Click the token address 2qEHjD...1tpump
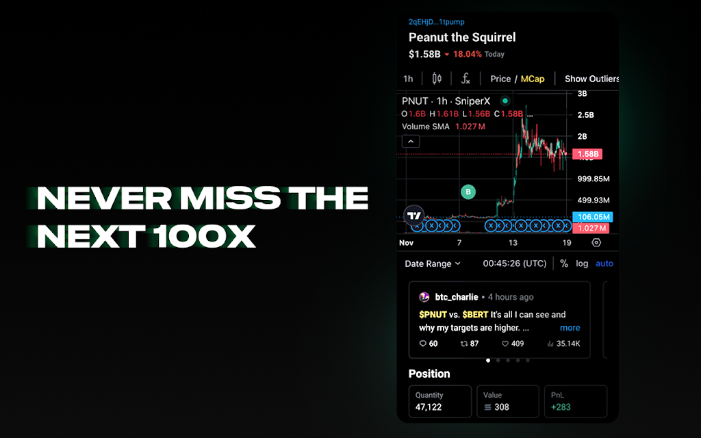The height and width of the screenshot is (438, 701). click(x=436, y=22)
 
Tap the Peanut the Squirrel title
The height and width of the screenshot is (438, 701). click(x=462, y=37)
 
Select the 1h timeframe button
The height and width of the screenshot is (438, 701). click(x=408, y=79)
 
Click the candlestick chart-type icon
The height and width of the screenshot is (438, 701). click(x=437, y=79)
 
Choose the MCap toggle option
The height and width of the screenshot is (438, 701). click(x=533, y=79)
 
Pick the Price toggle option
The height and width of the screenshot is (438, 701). click(x=500, y=79)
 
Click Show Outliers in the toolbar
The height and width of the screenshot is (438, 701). click(x=591, y=79)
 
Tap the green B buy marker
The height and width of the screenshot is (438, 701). click(x=468, y=192)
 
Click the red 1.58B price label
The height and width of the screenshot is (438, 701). click(x=587, y=154)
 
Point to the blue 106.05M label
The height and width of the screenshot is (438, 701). click(x=592, y=217)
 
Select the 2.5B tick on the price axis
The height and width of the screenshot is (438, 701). click(x=586, y=115)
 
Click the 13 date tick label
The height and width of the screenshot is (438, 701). click(x=513, y=243)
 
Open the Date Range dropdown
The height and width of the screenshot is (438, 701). click(x=433, y=263)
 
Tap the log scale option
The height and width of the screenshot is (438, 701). click(x=582, y=263)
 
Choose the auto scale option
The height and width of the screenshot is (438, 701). click(x=604, y=263)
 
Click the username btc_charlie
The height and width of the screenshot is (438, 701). click(x=457, y=297)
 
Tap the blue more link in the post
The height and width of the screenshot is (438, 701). click(x=570, y=328)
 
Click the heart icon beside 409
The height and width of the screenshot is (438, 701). click(x=505, y=344)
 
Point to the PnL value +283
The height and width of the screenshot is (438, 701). click(x=561, y=407)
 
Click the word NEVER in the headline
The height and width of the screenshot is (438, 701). click(x=104, y=198)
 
